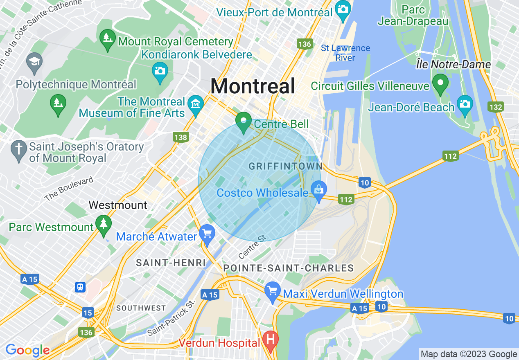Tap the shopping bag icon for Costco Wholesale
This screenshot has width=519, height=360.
319,190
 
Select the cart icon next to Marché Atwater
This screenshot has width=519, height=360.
207,234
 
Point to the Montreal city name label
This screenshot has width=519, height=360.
253,86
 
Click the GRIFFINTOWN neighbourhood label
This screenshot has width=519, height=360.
286,166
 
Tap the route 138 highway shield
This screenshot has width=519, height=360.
181,137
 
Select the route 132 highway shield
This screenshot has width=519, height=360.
495,107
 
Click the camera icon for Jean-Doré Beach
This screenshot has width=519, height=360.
465,103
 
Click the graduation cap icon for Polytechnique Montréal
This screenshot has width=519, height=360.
34,63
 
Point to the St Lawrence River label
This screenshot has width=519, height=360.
345,53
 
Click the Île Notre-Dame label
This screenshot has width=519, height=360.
453,64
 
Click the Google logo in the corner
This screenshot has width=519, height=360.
27,350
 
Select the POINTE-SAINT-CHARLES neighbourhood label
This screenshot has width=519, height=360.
289,268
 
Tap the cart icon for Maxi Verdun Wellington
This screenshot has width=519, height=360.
273,291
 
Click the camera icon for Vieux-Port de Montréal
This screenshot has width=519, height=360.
342,8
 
